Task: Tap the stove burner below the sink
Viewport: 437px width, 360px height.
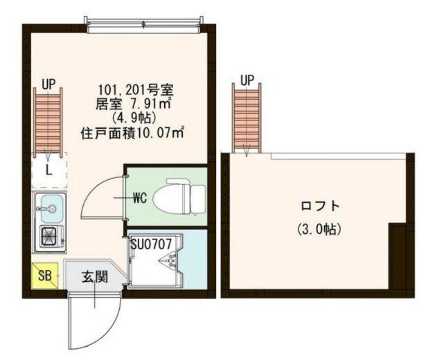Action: click(51, 237)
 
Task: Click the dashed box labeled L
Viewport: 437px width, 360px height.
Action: click(48, 169)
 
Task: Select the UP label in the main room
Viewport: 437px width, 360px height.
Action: click(48, 84)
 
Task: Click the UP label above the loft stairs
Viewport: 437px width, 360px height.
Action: click(247, 80)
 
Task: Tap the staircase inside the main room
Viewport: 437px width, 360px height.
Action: click(48, 121)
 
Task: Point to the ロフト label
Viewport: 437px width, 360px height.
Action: click(321, 206)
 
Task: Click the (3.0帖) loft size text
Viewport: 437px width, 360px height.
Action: click(321, 228)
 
